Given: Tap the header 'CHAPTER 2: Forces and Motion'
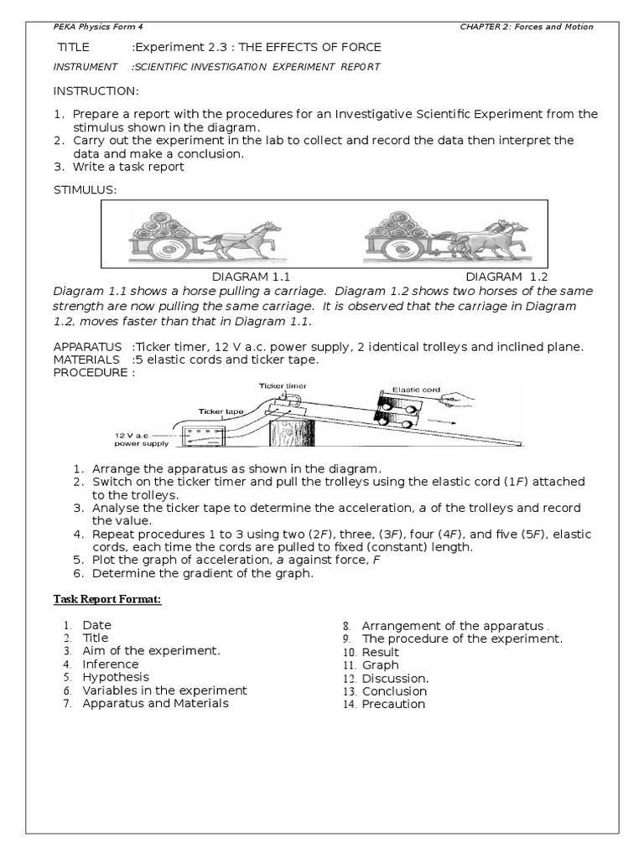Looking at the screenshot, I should click(527, 27).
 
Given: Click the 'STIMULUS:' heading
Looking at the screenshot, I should click(86, 189).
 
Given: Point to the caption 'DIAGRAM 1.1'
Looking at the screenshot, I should click(244, 277).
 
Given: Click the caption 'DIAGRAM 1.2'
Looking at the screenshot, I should click(506, 277).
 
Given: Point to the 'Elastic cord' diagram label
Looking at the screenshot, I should click(416, 390).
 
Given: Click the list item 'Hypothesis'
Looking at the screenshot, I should click(116, 677).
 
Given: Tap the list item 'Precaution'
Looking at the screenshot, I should click(393, 705).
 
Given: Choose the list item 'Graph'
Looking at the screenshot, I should click(381, 665).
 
